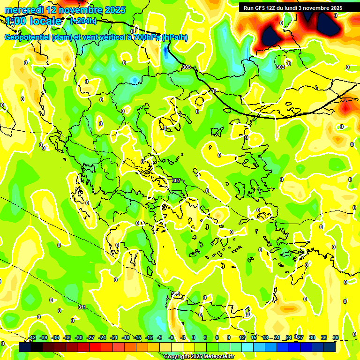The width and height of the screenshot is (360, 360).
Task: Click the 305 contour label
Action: [187, 67]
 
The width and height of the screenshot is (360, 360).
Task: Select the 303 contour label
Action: [280, 67]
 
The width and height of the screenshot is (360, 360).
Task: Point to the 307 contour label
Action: [176, 180]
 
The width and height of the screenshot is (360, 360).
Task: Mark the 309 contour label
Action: [175, 294]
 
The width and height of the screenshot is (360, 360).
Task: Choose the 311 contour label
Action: [82, 307]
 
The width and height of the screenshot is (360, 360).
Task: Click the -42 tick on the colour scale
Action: [32, 337]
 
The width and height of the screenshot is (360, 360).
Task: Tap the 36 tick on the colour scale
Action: [335, 337]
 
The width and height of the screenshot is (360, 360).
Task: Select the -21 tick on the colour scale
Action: [114, 337]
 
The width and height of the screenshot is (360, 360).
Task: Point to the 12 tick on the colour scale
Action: [242, 337]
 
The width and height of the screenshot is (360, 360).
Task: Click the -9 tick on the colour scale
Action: [160, 337]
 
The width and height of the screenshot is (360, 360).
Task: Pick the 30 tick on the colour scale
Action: [312, 337]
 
